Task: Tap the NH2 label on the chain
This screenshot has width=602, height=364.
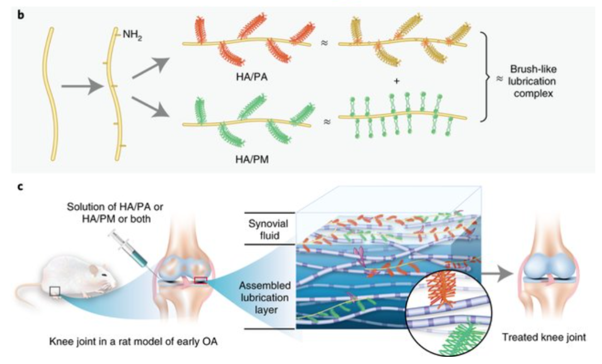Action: click(x=133, y=35)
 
